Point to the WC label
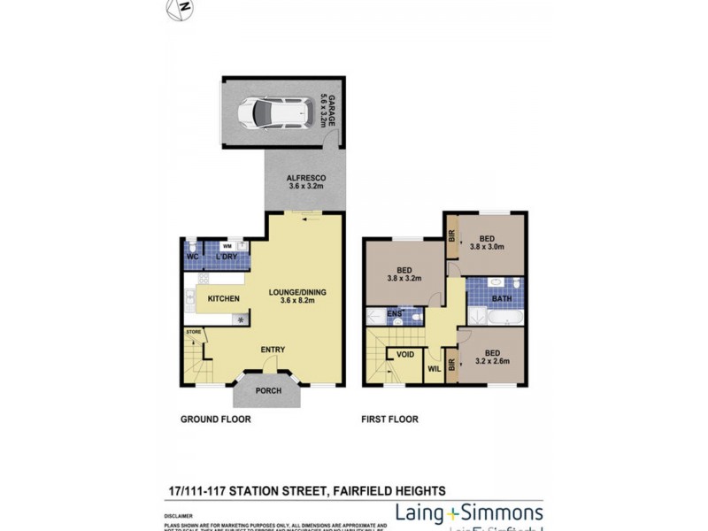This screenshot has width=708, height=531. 192,257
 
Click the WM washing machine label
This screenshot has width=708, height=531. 227,246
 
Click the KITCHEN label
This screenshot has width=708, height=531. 223,299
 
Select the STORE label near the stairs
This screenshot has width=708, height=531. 194,332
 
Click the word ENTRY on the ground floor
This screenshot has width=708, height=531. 273,350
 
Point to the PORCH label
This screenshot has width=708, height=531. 268,390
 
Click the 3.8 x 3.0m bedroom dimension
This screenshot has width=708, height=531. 487,248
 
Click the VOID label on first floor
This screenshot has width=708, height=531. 405,354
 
